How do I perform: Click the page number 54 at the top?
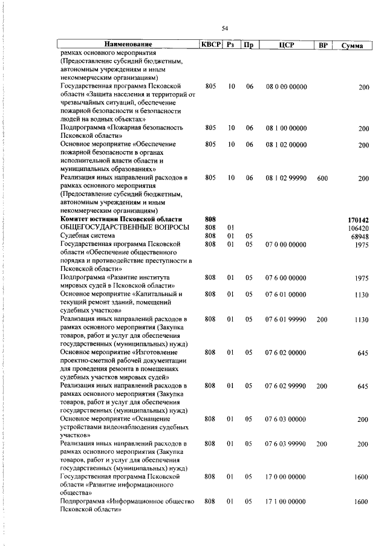224,28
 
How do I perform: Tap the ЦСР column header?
287,45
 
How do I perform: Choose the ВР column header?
323,45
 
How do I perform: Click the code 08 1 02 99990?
287,178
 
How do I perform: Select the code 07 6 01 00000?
287,294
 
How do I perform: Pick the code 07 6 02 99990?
287,386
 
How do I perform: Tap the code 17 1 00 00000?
287,502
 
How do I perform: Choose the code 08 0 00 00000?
287,86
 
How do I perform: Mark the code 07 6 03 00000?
287,419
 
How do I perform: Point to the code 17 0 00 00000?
287,477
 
